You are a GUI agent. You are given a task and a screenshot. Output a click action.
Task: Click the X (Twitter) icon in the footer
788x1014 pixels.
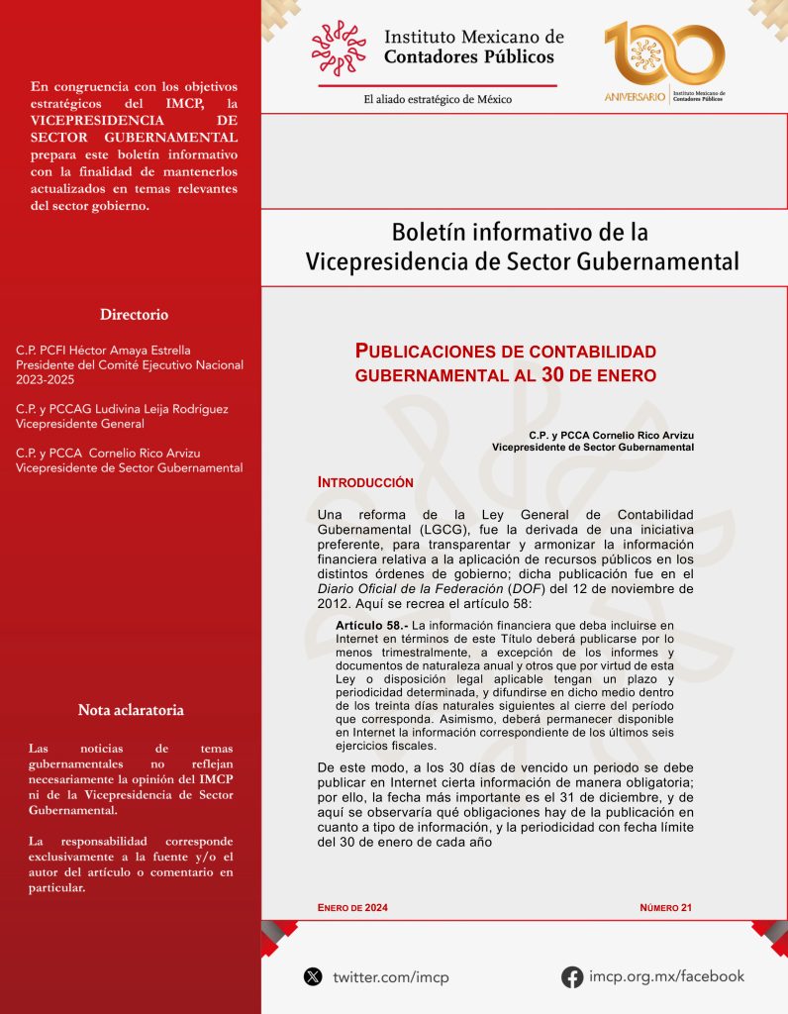pyautogui.click(x=313, y=976)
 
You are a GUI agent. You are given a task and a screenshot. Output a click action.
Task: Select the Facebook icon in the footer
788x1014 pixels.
pyautogui.click(x=571, y=976)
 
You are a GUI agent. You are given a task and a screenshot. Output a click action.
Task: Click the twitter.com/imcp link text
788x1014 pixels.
pyautogui.click(x=390, y=977)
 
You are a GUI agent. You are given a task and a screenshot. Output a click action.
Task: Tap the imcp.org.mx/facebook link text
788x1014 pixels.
pyautogui.click(x=666, y=976)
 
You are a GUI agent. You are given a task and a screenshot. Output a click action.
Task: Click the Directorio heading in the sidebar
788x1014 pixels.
pyautogui.click(x=134, y=315)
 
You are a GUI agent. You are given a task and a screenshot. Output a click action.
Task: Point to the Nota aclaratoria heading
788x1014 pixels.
pyautogui.click(x=131, y=710)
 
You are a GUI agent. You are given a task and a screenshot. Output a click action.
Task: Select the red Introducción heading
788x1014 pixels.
pyautogui.click(x=364, y=482)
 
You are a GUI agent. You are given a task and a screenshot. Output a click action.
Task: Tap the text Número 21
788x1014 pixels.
pyautogui.click(x=665, y=907)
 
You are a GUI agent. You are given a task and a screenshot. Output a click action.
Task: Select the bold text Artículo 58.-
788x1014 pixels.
pyautogui.click(x=371, y=626)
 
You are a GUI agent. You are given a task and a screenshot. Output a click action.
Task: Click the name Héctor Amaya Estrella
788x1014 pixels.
pyautogui.click(x=139, y=351)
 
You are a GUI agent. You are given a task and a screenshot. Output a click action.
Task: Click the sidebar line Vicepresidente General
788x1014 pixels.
pyautogui.click(x=80, y=424)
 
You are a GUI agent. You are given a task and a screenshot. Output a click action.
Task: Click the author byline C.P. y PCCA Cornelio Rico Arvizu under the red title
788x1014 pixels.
pyautogui.click(x=611, y=435)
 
